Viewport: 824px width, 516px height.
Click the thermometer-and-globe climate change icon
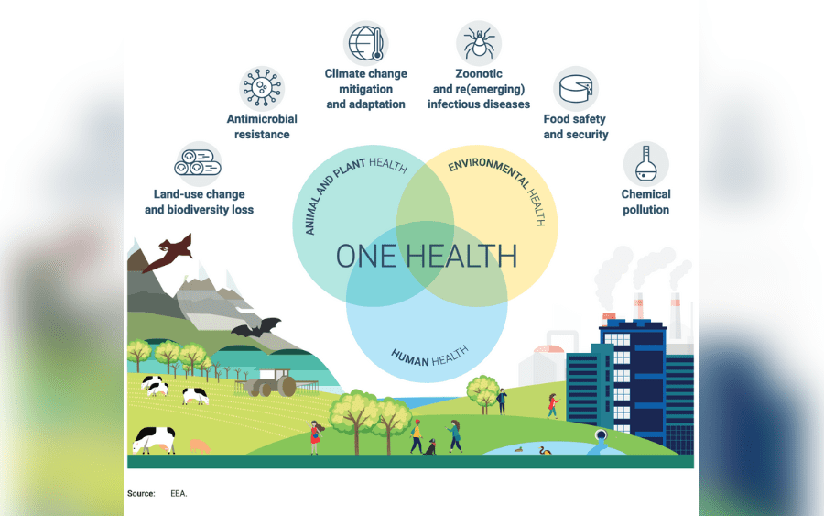[x=365, y=43]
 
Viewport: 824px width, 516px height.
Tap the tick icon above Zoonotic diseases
[x=479, y=43]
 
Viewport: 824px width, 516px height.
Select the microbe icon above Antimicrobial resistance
[x=262, y=88]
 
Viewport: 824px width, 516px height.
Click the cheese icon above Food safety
[x=576, y=88]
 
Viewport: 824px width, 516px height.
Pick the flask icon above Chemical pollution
[x=645, y=163]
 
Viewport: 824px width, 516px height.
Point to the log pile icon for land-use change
[x=198, y=163]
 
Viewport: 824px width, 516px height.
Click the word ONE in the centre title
[x=365, y=256]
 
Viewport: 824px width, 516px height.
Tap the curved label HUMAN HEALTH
[x=429, y=357]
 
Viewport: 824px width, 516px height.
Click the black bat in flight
[x=256, y=328]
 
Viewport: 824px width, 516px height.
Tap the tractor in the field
[x=272, y=382]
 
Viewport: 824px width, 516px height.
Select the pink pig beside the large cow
[x=200, y=446]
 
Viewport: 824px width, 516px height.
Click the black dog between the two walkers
[x=430, y=447]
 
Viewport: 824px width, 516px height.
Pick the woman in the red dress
[x=315, y=437]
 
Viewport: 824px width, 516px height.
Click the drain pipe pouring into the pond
[x=600, y=441]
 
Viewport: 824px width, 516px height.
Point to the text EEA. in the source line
[x=179, y=493]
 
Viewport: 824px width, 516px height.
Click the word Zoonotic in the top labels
[x=479, y=73]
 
